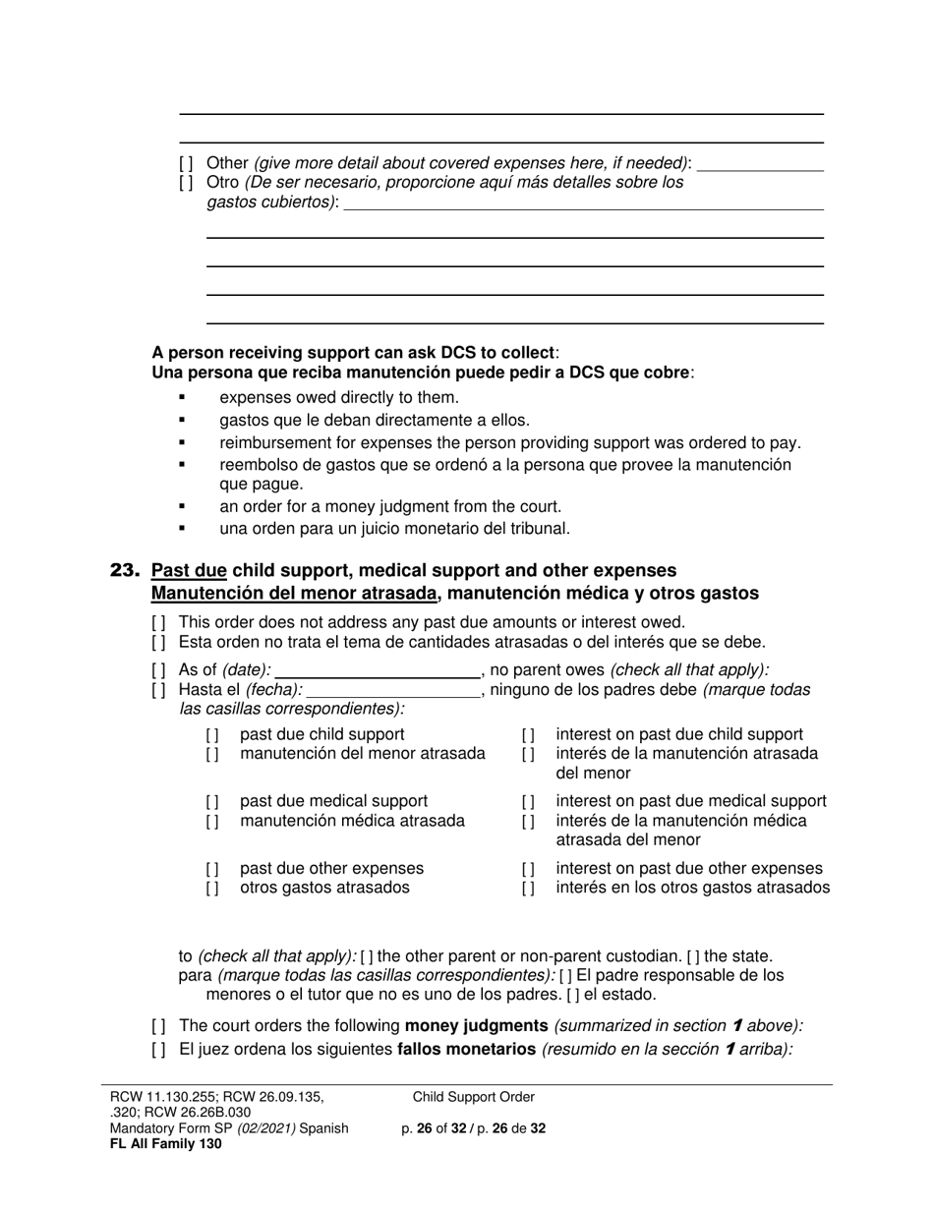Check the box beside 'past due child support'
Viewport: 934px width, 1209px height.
212,735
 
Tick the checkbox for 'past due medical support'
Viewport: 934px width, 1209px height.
212,802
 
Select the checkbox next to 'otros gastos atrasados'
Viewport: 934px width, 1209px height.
212,889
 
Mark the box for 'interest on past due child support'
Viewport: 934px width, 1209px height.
528,735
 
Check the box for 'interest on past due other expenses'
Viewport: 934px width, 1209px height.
528,869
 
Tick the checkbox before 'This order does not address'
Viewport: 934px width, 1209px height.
159,622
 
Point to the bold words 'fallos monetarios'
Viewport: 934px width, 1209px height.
467,1049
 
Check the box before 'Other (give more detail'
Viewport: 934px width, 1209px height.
186,163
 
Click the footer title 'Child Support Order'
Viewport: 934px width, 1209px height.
474,1097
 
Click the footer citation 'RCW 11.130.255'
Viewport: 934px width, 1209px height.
155,1097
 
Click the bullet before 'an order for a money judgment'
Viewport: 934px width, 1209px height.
182,507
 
